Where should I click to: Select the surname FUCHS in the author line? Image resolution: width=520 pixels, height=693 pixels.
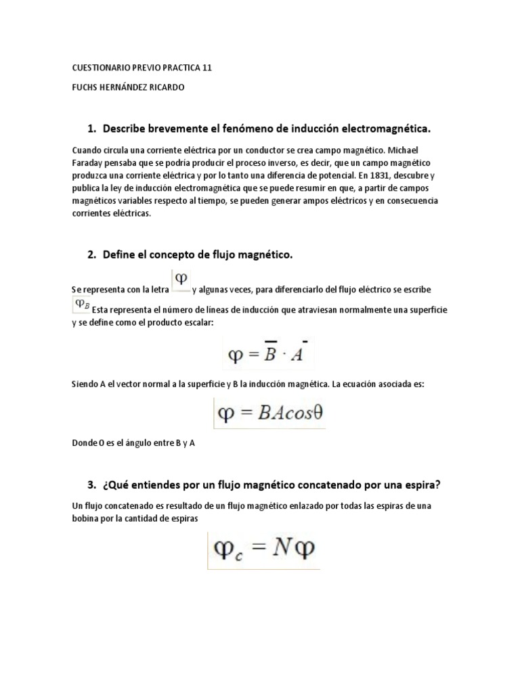85,87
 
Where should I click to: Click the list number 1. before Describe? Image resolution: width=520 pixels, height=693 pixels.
92,128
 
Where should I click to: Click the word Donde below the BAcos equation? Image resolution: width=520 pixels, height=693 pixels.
85,443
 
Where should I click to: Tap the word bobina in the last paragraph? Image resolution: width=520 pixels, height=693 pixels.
85,518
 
